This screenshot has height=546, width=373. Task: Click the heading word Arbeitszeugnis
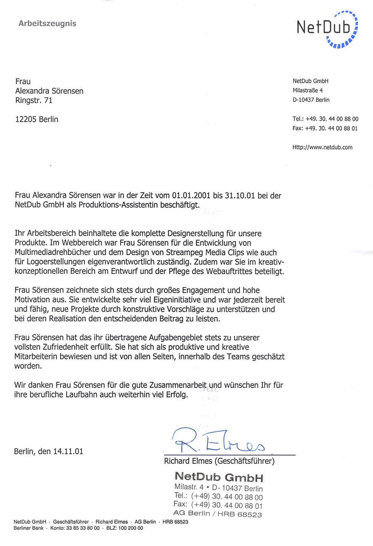(x=47, y=24)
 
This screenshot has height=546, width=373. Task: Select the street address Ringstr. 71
(x=34, y=100)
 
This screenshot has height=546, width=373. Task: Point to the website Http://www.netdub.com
(x=322, y=147)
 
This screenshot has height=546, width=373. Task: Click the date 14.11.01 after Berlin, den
(x=68, y=451)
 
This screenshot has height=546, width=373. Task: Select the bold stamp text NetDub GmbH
(x=219, y=477)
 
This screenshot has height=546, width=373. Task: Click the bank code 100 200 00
(x=131, y=528)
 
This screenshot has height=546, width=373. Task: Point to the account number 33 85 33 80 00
(x=83, y=528)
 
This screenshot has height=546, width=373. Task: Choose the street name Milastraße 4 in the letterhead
(x=308, y=90)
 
